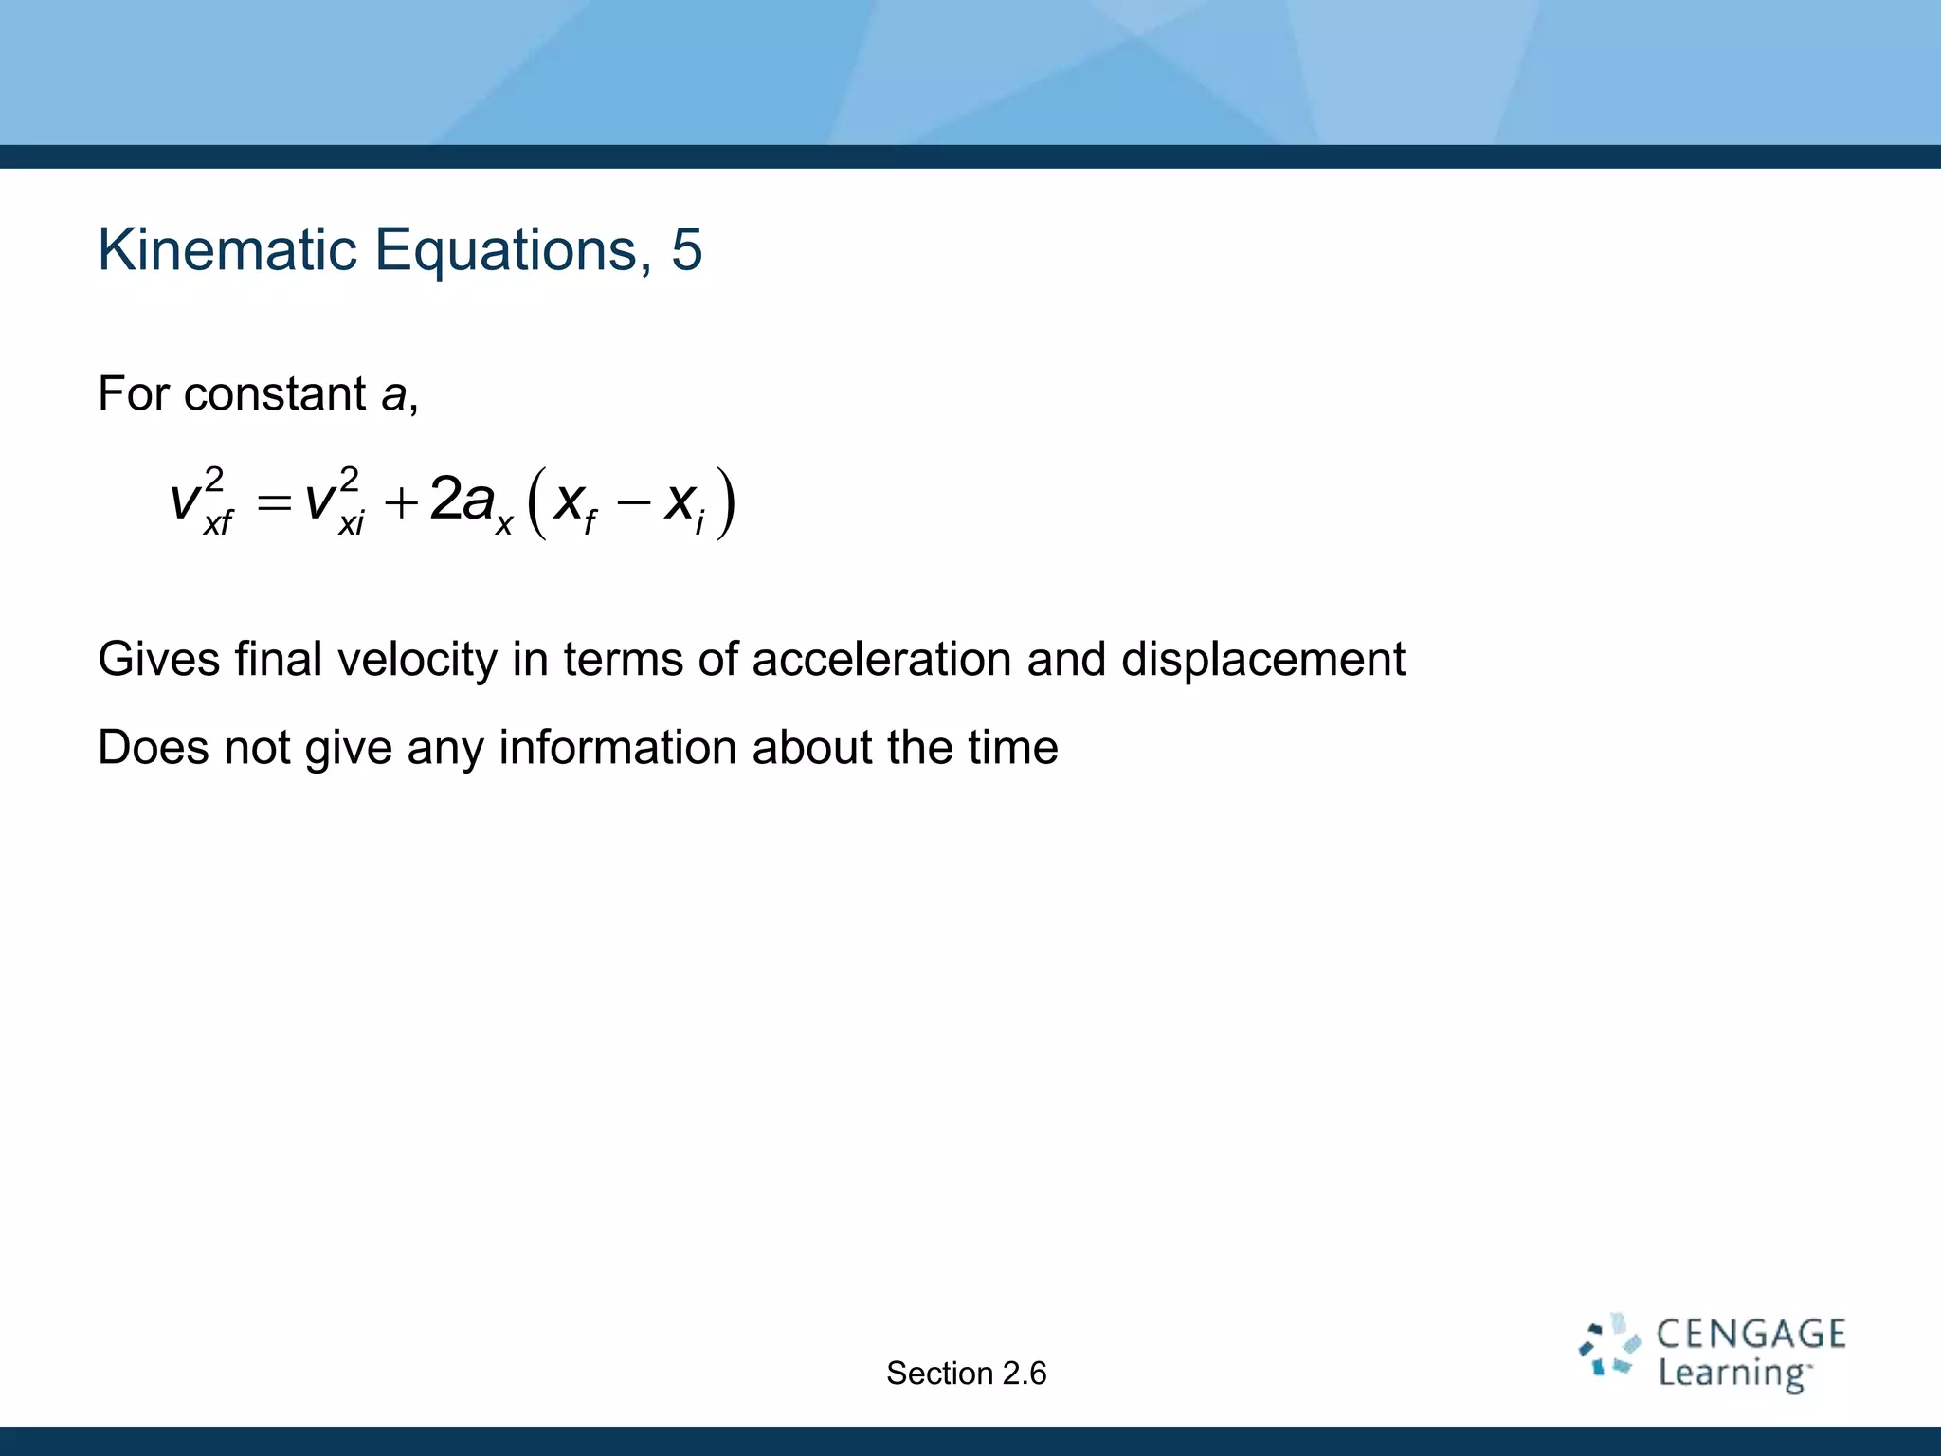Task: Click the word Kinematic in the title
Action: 227,250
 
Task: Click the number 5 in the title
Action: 686,250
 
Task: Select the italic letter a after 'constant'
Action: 393,394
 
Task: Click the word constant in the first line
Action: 275,394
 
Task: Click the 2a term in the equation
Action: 462,500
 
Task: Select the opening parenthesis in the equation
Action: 536,503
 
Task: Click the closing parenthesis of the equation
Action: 725,503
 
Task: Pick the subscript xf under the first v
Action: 218,522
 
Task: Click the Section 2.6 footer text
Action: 966,1374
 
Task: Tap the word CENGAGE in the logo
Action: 1751,1335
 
